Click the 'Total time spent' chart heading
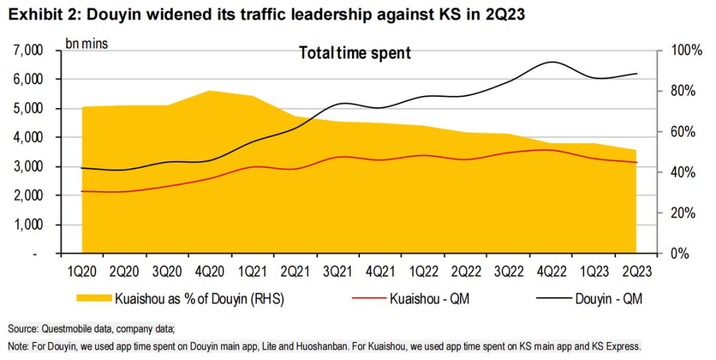click(355, 53)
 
